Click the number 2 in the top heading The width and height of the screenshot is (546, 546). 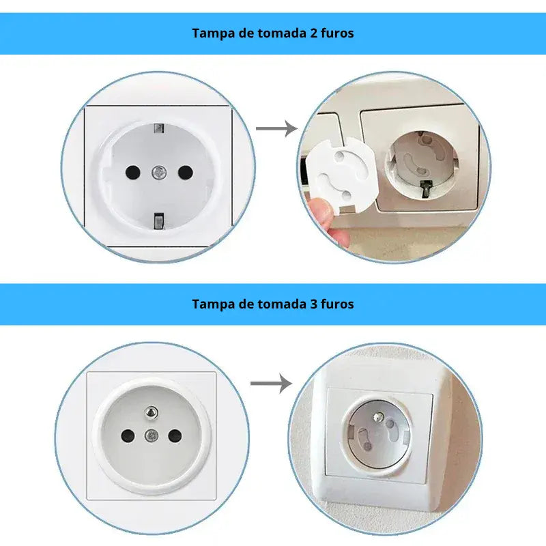313,33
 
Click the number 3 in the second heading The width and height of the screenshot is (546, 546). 313,304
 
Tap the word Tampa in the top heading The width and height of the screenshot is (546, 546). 214,34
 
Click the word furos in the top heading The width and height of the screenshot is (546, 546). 337,33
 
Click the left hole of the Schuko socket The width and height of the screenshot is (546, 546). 132,172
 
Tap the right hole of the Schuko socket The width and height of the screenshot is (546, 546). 185,172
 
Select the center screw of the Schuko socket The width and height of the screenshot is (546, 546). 159,172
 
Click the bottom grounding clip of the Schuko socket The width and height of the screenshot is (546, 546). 159,221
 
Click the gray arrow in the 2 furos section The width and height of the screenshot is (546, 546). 277,129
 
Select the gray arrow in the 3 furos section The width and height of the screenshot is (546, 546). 271,384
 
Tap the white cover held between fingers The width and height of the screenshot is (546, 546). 339,174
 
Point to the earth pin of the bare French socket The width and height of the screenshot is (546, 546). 151,413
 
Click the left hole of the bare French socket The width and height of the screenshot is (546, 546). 128,435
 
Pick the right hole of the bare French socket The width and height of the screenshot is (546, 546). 175,435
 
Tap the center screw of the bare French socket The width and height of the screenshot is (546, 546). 151,435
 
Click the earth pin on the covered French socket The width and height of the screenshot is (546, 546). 378,417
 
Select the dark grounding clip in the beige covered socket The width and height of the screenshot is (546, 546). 427,188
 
